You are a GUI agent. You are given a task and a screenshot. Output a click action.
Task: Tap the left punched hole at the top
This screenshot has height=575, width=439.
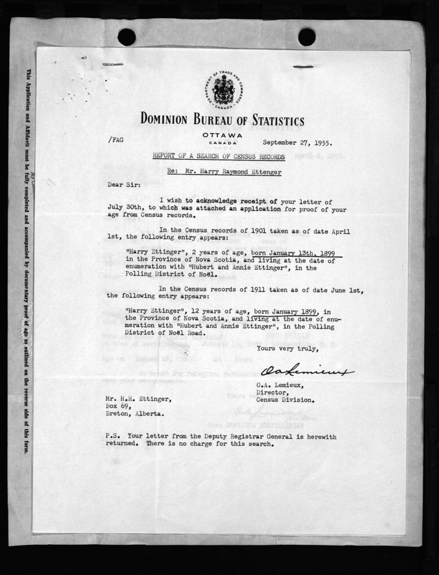click(x=126, y=37)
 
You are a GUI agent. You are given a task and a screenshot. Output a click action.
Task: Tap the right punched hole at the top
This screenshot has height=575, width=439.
click(x=307, y=37)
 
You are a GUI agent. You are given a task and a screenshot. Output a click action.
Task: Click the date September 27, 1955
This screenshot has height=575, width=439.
click(x=298, y=143)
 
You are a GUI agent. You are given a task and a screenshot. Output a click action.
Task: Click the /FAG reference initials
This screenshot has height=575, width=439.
click(x=116, y=139)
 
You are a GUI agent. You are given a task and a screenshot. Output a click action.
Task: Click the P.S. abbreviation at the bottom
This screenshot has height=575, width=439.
click(x=115, y=437)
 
